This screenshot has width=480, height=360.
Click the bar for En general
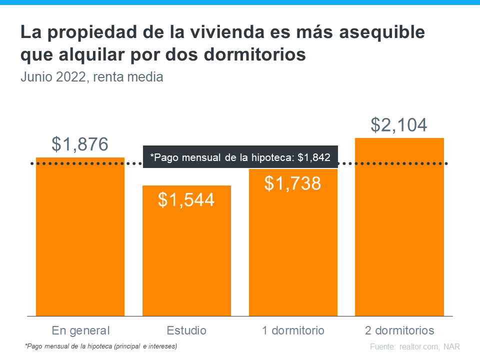click(80, 240)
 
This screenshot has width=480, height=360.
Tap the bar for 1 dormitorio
click(293, 250)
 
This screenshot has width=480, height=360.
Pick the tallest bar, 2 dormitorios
click(399, 230)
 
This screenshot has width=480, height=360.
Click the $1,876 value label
click(80, 144)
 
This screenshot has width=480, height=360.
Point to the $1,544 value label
click(186, 199)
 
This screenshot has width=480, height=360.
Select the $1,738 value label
click(293, 183)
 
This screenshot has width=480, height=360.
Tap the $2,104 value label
click(399, 125)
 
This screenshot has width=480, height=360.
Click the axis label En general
click(80, 330)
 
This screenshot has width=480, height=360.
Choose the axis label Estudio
click(186, 330)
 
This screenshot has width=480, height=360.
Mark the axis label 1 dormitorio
click(293, 330)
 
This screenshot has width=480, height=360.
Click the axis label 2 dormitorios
click(399, 330)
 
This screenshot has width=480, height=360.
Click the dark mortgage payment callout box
click(240, 157)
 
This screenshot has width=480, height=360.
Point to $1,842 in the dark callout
click(314, 157)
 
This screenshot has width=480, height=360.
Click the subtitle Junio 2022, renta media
click(92, 77)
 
